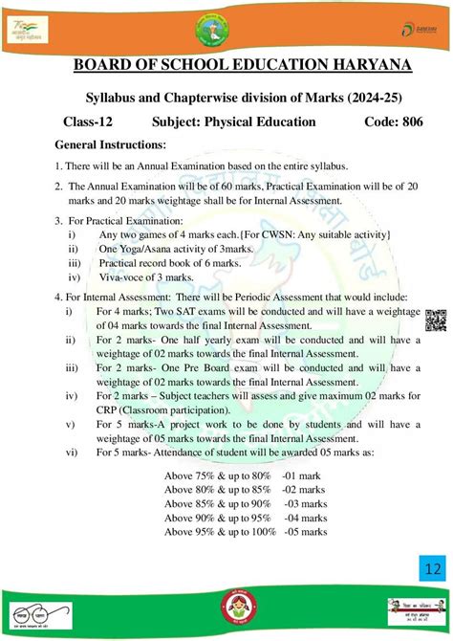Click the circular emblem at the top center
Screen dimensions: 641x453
pos(226,26)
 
